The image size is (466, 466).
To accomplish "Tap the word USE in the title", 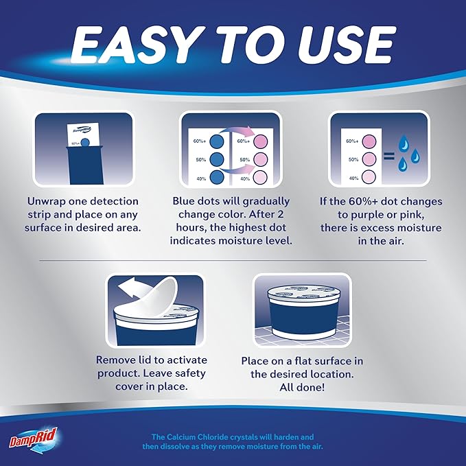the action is [x=346, y=45].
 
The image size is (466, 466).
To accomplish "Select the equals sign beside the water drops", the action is [x=388, y=156].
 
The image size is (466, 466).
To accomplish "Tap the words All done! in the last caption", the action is [x=302, y=387].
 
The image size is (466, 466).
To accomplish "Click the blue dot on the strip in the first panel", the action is [x=85, y=142].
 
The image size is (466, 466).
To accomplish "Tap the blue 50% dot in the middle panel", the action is [x=217, y=160].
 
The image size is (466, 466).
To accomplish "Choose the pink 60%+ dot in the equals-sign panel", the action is [x=369, y=141].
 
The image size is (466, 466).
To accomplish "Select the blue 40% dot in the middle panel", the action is [x=217, y=178].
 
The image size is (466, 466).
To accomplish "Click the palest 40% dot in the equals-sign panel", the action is [x=369, y=177].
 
